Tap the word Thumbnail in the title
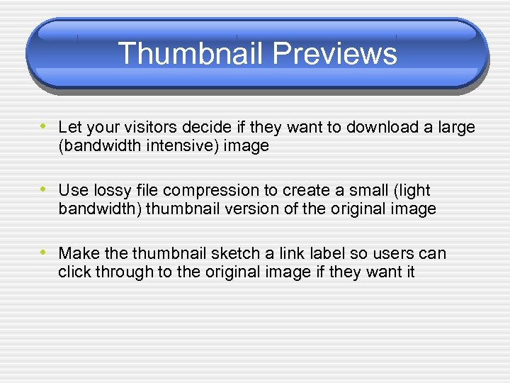(x=191, y=54)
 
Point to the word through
(x=118, y=272)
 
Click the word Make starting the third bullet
(x=76, y=254)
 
